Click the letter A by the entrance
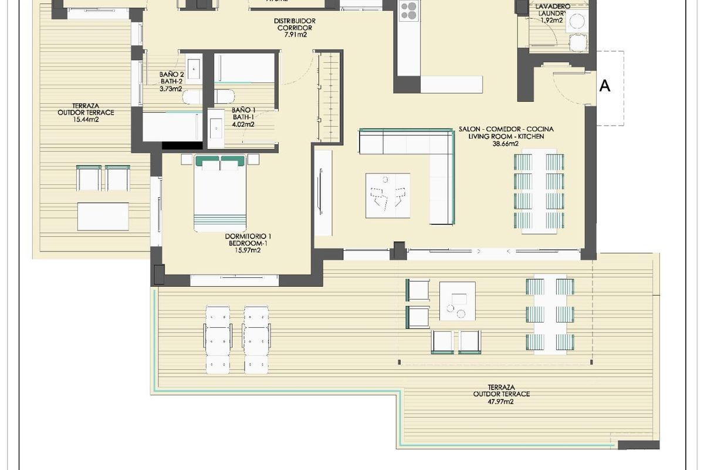tap(605, 86)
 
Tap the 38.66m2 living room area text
tap(506, 144)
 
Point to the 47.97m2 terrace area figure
tap(501, 402)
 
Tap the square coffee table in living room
tap(387, 195)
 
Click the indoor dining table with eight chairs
tap(539, 191)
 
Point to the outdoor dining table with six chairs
tap(550, 314)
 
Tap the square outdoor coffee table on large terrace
tap(457, 301)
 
